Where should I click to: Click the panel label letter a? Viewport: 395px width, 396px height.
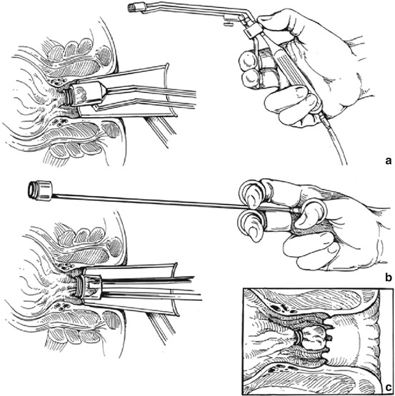pos(389,161)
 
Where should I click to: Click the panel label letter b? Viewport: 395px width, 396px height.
pos(388,278)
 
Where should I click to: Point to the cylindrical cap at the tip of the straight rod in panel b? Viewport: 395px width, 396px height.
pos(40,191)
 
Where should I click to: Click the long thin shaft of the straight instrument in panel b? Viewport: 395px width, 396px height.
pos(146,201)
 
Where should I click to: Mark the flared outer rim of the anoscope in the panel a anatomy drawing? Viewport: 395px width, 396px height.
pos(170,91)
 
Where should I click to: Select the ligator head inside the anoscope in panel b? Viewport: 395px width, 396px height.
pos(89,289)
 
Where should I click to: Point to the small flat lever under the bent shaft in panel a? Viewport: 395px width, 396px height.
pos(227,24)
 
